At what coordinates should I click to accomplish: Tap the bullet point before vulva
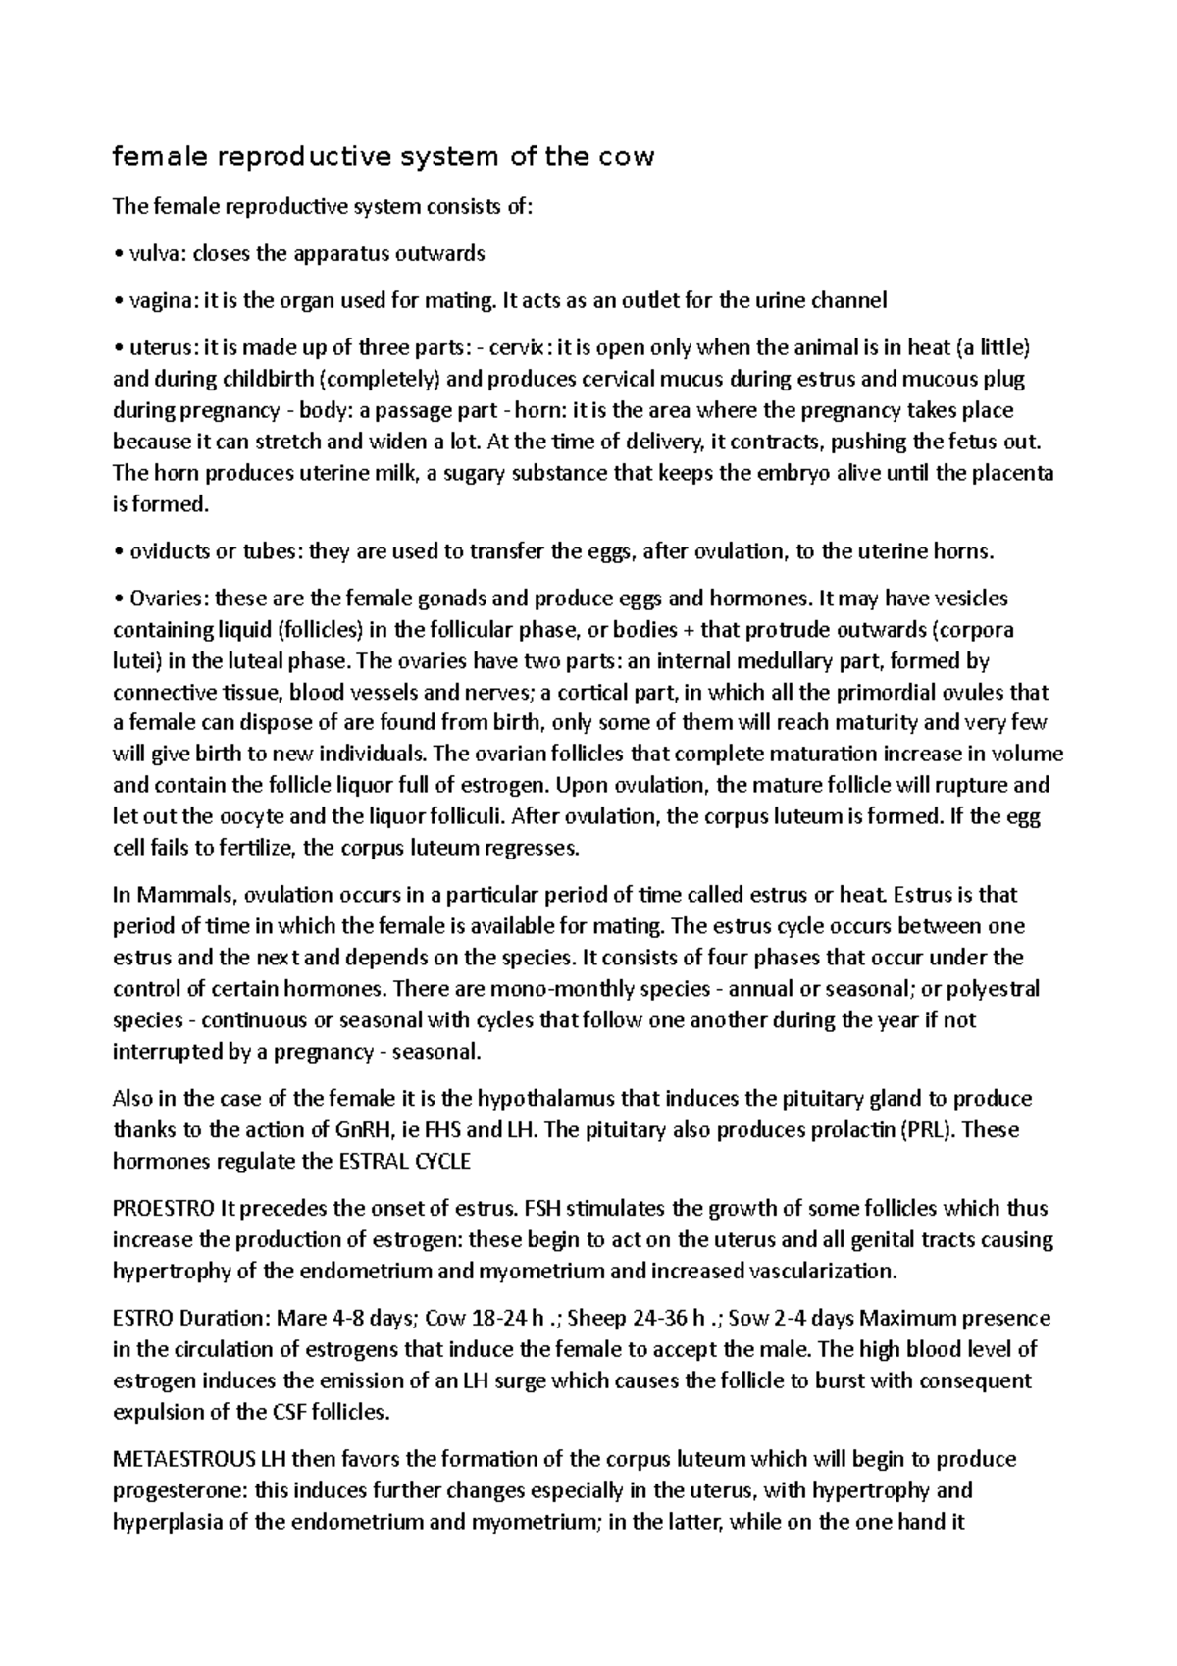click(118, 255)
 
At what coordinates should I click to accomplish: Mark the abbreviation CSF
click(287, 1413)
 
